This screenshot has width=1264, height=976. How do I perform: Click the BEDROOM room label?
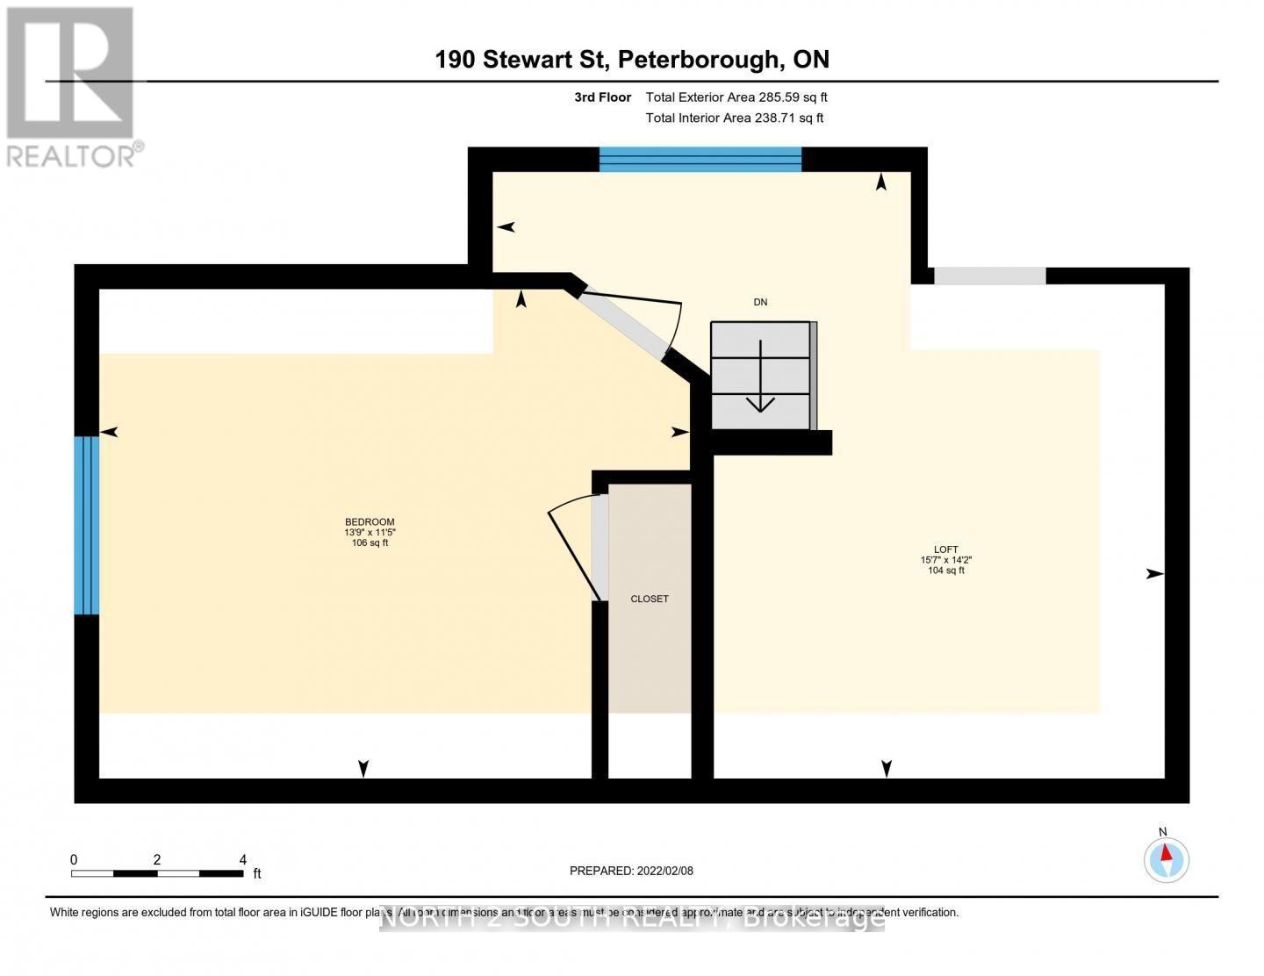[370, 521]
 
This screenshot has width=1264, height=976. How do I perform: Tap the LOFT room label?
[945, 549]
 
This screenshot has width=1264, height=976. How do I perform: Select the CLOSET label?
[650, 599]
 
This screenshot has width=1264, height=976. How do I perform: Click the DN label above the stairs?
[760, 302]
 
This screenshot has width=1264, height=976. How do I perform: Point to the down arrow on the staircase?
[760, 386]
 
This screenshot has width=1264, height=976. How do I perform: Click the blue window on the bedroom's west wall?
[86, 525]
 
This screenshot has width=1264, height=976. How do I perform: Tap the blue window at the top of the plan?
[700, 159]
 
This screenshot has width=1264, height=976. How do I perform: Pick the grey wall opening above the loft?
[989, 276]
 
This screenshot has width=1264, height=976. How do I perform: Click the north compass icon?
[1166, 858]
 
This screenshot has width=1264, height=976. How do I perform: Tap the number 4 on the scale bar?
[243, 860]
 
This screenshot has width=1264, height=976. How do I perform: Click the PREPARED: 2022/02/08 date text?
[631, 871]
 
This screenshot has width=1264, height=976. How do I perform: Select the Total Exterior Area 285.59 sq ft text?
[736, 97]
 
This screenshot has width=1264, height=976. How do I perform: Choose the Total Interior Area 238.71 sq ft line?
[735, 118]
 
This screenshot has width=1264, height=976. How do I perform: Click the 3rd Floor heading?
[602, 97]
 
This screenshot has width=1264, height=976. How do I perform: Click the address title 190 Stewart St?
[632, 59]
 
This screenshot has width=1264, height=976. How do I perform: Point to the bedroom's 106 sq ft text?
[370, 542]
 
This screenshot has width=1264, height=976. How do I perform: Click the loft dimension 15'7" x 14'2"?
[945, 560]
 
